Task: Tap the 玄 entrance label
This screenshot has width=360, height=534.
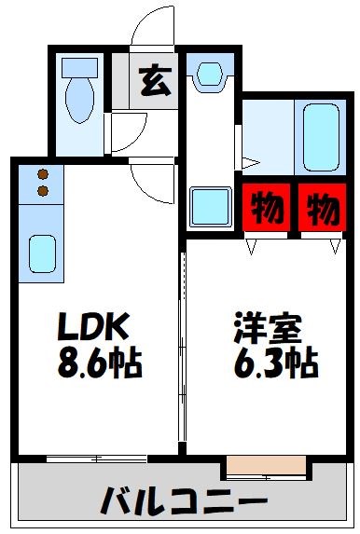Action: tap(155, 82)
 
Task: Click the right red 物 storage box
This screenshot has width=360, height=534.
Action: tap(320, 207)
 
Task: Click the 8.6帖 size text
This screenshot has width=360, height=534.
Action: tap(101, 363)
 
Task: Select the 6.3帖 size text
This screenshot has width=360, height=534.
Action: tap(272, 363)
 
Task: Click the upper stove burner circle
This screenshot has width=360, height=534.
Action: tap(42, 172)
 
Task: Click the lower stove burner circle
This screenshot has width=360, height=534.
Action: tap(42, 191)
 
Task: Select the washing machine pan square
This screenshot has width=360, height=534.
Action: tap(210, 207)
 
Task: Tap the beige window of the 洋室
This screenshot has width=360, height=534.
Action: tap(266, 463)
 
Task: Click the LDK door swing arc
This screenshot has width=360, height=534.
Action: tap(149, 177)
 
